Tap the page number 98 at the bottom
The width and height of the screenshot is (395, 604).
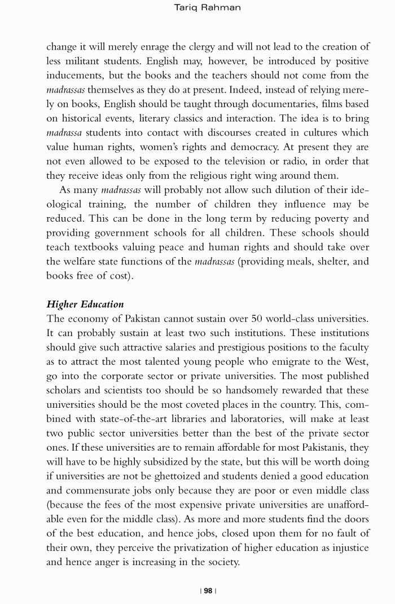(x=208, y=590)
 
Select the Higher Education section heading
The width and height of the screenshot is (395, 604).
(x=85, y=304)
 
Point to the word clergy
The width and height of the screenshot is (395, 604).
(x=217, y=47)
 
